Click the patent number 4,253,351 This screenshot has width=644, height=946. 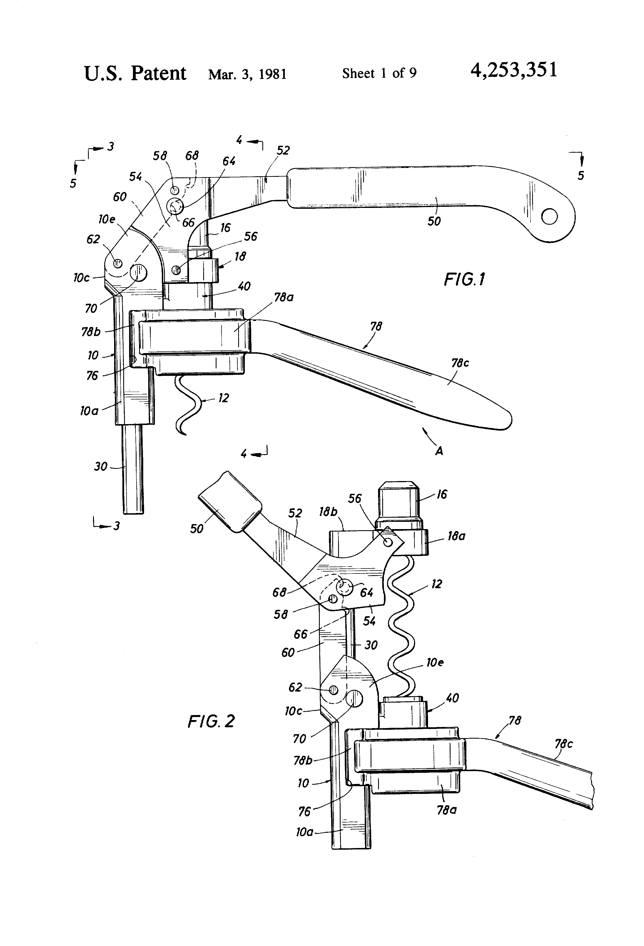point(514,71)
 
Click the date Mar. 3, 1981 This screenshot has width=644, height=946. point(248,74)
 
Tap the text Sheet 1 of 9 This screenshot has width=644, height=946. point(379,73)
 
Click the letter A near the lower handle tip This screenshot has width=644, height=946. point(439,451)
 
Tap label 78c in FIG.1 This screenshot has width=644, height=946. point(460,363)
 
